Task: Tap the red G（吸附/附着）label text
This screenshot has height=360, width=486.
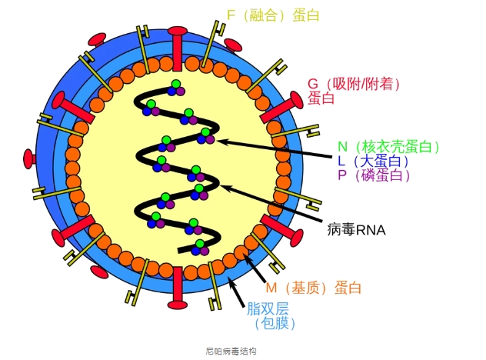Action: (x=355, y=84)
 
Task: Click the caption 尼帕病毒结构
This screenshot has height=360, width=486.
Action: (x=231, y=351)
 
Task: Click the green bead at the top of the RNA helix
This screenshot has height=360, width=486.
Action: (x=177, y=85)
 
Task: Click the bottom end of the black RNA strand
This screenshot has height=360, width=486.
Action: (x=181, y=250)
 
